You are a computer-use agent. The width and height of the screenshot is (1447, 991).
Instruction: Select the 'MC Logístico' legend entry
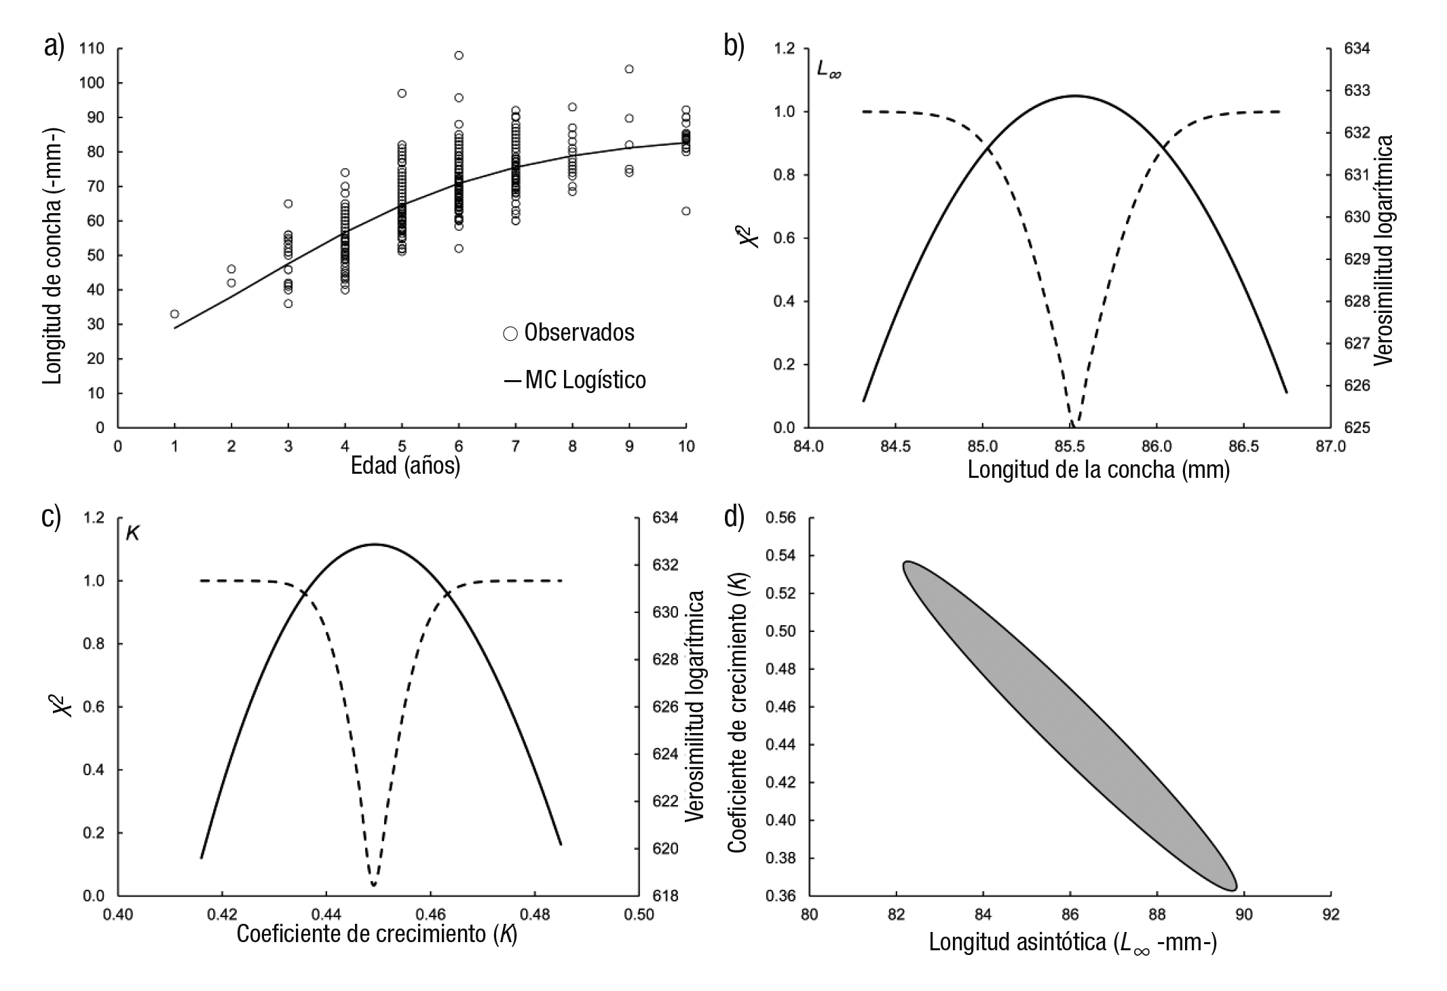(x=575, y=380)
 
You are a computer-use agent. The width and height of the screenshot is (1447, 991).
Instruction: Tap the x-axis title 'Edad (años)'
(x=405, y=466)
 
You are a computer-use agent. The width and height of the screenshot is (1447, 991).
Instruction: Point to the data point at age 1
(x=174, y=314)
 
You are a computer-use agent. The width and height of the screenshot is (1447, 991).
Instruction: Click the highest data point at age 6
(x=459, y=55)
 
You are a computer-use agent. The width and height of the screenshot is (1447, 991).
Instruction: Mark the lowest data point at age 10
(x=685, y=211)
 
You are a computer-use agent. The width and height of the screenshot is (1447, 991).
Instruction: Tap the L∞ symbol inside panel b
(x=829, y=70)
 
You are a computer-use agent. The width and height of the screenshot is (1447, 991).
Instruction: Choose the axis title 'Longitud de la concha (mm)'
(x=1098, y=469)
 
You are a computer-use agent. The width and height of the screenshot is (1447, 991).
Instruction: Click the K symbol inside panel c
(x=133, y=534)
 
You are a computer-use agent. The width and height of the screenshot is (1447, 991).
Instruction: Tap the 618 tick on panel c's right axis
(x=665, y=896)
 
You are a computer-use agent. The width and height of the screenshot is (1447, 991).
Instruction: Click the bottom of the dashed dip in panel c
(x=373, y=884)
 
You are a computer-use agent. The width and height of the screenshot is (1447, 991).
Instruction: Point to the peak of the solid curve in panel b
(x=1074, y=96)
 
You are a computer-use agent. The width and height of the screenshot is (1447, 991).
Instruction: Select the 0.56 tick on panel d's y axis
(x=781, y=518)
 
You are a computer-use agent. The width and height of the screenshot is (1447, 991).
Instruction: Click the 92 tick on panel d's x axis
(x=1330, y=914)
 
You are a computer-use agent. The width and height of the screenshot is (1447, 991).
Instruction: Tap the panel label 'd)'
(x=734, y=517)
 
